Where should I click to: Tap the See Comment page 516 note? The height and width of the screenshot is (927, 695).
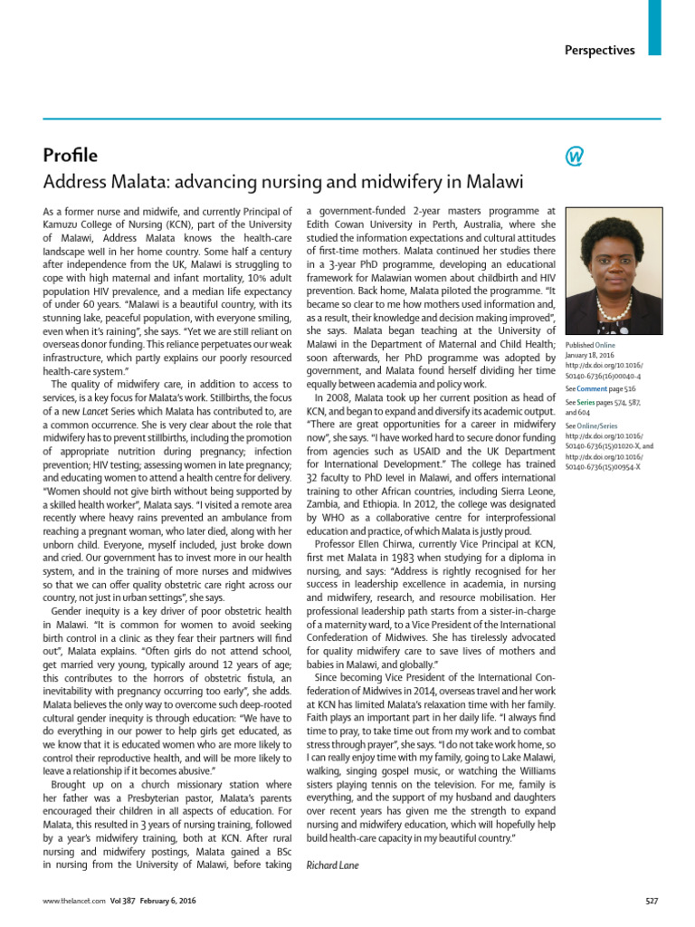pyautogui.click(x=602, y=387)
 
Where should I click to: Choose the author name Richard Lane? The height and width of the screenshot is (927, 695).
pyautogui.click(x=333, y=865)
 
